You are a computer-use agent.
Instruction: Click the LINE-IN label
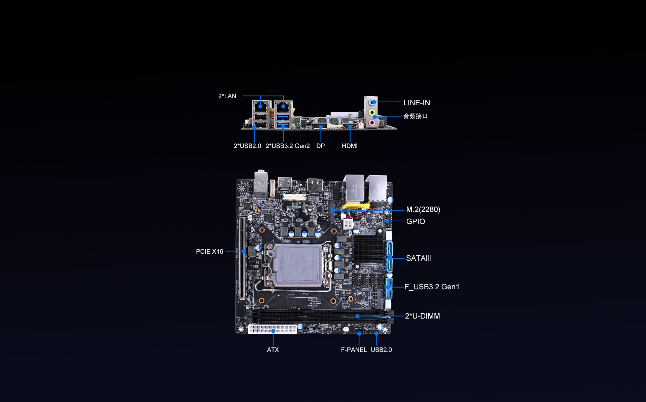pos(417,103)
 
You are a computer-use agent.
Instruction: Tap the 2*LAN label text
pos(227,96)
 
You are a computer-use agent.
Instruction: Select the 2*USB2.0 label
pos(247,146)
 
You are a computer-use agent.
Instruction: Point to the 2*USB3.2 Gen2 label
pos(288,146)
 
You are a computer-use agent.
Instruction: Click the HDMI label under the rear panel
pos(350,146)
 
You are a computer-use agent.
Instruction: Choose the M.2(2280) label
pos(423,209)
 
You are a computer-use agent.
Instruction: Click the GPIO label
pos(416,221)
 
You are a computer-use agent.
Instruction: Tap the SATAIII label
pos(419,258)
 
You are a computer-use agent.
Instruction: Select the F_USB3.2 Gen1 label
pos(432,287)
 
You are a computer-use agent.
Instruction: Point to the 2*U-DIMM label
pos(423,316)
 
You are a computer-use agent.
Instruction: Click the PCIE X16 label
pos(210,251)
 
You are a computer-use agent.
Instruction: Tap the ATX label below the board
pos(273,350)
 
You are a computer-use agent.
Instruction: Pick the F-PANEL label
pos(354,350)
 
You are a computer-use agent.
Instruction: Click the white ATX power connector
pos(273,329)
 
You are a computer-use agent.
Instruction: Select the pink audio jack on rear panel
pos(372,123)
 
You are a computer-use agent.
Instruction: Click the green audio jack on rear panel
pos(372,112)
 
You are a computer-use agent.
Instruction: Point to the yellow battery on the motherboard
pos(356,205)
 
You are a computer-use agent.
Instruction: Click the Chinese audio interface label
pos(416,116)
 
